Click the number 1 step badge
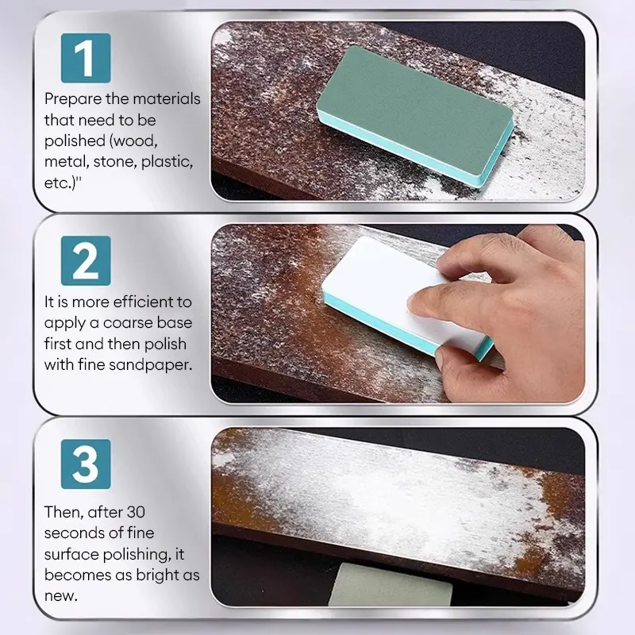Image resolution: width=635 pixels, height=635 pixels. coord(86,58)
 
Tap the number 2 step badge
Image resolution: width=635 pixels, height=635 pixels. coord(86,261)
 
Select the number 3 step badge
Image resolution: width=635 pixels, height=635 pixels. coord(86,464)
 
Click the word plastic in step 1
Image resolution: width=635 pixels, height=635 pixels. coord(167,162)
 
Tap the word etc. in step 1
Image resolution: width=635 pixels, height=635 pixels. coord(60,183)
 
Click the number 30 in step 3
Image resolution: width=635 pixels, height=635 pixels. coord(136,512)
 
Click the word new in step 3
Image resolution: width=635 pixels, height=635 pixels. coord(60,597)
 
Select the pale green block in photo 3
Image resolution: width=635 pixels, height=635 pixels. coord(390,584)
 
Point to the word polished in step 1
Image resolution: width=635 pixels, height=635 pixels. coord(75,141)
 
